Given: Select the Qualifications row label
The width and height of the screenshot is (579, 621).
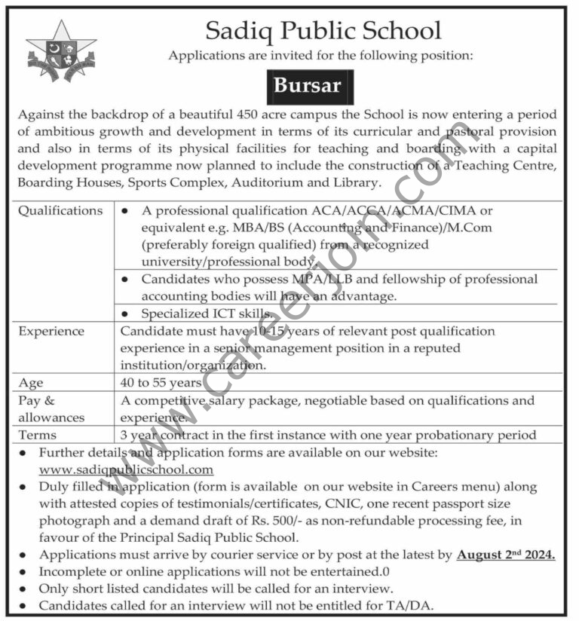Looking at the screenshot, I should [x=60, y=211].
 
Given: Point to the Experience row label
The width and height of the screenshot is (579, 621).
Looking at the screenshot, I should [x=52, y=331].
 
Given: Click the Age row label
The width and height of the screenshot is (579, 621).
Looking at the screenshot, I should [x=31, y=382].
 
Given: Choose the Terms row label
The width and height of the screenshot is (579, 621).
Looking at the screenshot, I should [x=38, y=435].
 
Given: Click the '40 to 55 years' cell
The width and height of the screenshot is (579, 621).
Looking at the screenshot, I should [x=160, y=382].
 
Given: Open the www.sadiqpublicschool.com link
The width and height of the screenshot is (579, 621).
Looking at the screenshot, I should [x=126, y=470].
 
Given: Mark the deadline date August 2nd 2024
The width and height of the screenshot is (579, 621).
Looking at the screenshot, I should [x=505, y=555].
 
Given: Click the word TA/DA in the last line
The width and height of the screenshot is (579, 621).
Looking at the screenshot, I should [x=425, y=605].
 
